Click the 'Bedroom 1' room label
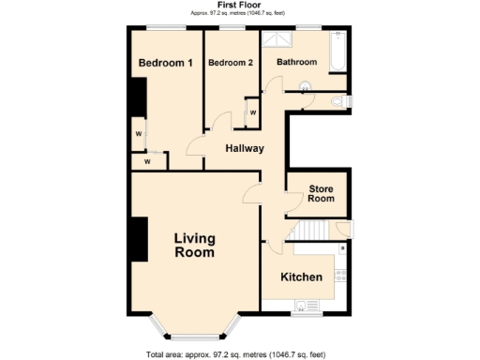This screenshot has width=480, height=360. pyautogui.click(x=165, y=64)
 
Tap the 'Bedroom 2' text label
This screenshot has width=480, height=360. pyautogui.click(x=231, y=64)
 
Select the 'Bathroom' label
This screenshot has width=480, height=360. pyautogui.click(x=295, y=63)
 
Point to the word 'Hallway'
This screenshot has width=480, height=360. pyautogui.click(x=244, y=148)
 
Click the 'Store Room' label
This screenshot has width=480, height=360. pyautogui.click(x=322, y=194)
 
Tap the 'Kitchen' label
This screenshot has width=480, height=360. pyautogui.click(x=302, y=277)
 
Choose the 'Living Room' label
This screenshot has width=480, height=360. pyautogui.click(x=194, y=246)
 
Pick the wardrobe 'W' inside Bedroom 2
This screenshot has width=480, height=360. pyautogui.click(x=252, y=113)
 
